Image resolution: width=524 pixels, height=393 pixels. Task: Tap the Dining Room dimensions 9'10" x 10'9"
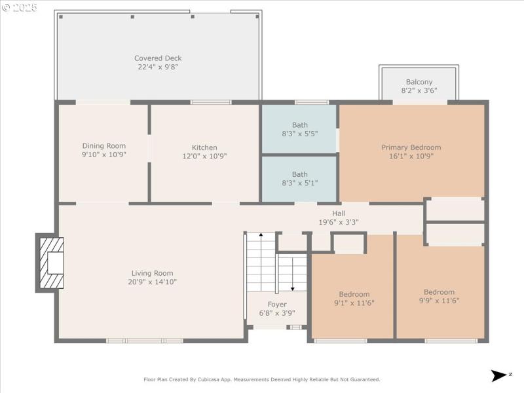tap(103, 155)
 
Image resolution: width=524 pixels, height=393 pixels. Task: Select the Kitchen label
tap(204, 147)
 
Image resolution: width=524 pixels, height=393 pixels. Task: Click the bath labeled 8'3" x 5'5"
tap(299, 129)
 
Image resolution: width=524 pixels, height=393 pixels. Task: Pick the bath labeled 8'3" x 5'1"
tap(299, 179)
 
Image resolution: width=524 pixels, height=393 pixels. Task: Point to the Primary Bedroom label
tap(411, 147)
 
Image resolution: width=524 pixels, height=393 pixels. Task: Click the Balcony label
tap(419, 82)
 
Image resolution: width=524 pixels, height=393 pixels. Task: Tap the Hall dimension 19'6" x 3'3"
tap(339, 222)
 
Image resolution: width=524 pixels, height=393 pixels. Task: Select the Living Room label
tap(153, 273)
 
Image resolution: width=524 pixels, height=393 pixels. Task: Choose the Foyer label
tap(277, 305)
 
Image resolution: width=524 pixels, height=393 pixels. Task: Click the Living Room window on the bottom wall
tap(145, 341)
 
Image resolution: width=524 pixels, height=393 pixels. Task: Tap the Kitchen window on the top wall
tap(211, 102)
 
